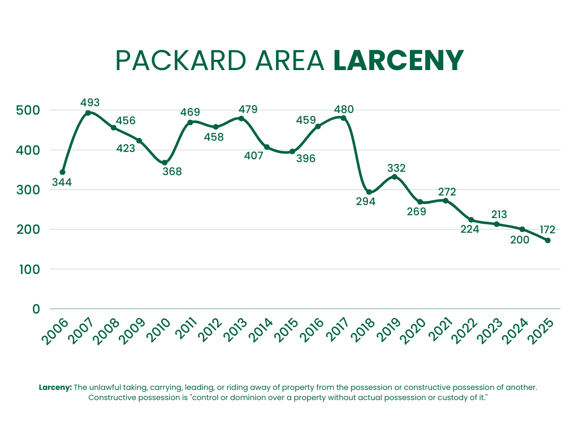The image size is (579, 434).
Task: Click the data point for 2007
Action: (x=88, y=113)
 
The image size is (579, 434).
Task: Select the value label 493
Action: (x=90, y=103)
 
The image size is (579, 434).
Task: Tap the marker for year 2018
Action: (x=369, y=192)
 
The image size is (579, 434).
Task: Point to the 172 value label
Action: (x=547, y=230)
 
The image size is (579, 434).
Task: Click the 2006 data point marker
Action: (x=62, y=172)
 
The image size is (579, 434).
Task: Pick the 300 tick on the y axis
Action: (x=28, y=190)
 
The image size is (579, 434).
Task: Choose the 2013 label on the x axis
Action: (x=237, y=332)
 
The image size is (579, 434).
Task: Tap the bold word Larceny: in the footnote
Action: (x=55, y=388)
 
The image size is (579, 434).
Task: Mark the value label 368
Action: (x=172, y=171)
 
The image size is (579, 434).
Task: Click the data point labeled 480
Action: (x=343, y=118)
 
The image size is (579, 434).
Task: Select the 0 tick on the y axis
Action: (x=36, y=309)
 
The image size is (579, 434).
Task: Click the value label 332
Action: (x=396, y=168)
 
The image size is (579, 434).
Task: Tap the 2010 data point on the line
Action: (x=165, y=163)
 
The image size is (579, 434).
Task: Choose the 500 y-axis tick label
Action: (x=28, y=110)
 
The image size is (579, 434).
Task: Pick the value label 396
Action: (x=305, y=159)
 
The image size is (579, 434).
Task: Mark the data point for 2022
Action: (x=471, y=220)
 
